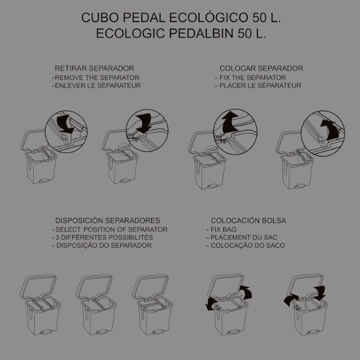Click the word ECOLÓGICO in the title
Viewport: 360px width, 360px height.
coord(209,17)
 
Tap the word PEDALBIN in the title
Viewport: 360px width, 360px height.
coord(202,33)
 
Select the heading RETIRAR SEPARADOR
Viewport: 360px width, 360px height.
coord(94,68)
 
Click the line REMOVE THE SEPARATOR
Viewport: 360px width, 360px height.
coord(97,77)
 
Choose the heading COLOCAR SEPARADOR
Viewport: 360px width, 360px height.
coord(261,68)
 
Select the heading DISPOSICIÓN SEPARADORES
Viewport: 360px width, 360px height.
coord(107,221)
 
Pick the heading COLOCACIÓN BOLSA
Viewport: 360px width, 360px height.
coord(248,221)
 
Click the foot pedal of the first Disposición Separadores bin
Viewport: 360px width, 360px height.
coord(45,332)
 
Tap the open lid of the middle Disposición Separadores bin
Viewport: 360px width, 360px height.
coord(94,286)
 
